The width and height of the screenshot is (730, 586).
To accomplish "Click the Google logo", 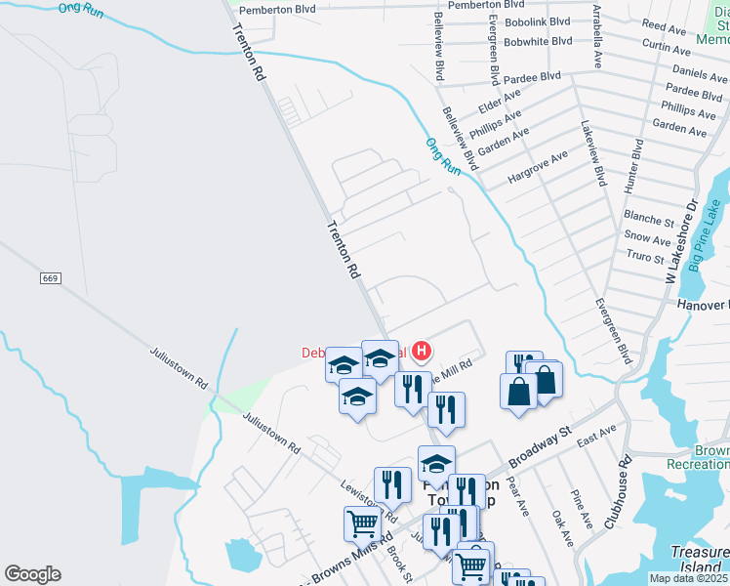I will [32, 574].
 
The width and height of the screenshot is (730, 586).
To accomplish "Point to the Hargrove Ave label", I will [537, 168].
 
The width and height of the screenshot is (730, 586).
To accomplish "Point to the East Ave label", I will [597, 433].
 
